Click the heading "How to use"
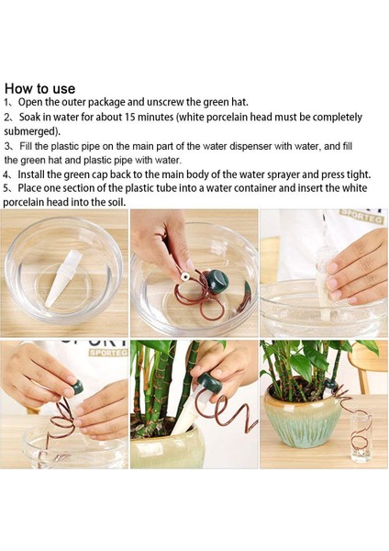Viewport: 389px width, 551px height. coord(39,88)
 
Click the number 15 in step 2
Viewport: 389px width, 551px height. coord(129,117)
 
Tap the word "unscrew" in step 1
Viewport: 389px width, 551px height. coord(166,102)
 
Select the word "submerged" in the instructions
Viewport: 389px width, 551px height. coord(31,131)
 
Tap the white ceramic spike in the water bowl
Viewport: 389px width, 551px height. coord(62,277)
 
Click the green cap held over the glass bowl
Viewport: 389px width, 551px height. coord(217,281)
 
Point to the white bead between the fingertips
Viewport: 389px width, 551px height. coord(184,277)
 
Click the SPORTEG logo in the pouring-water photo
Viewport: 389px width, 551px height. coord(361,216)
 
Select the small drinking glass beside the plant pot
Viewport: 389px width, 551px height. coord(361,435)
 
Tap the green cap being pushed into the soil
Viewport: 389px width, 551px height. coord(209,384)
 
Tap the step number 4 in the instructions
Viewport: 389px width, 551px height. coord(6,174)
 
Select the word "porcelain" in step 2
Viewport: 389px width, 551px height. coord(226,117)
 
